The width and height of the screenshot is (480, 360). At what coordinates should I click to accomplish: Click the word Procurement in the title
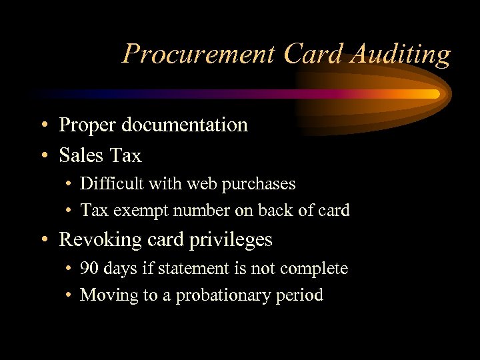pyautogui.click(x=199, y=55)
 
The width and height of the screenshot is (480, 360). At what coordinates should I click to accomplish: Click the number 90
pyautogui.click(x=89, y=269)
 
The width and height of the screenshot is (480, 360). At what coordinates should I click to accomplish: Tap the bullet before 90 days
pyautogui.click(x=69, y=269)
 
